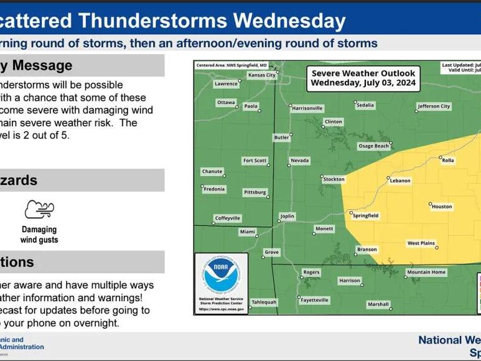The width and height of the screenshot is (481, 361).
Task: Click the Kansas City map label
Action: [262, 75]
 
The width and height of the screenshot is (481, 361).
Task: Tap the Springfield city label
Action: [365, 216]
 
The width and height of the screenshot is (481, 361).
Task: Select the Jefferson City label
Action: [433, 106]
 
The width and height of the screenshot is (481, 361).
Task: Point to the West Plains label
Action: [421, 243]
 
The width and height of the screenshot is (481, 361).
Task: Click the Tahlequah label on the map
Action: [263, 302]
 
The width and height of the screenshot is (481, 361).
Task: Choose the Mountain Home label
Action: [426, 273]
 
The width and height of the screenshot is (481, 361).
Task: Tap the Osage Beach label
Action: [373, 146]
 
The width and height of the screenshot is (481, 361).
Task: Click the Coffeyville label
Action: [227, 218]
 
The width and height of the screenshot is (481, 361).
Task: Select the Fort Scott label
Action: [255, 161]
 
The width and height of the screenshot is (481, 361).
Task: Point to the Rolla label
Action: [447, 161]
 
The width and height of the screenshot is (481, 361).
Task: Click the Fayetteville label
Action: [314, 300]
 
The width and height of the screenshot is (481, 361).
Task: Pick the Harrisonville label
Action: [307, 108]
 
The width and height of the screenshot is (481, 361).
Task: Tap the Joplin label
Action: [287, 217]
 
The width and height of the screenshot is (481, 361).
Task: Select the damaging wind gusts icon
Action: [39, 210]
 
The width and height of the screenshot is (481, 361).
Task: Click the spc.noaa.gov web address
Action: [221, 309]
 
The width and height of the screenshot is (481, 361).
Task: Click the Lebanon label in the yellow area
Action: [400, 181]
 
